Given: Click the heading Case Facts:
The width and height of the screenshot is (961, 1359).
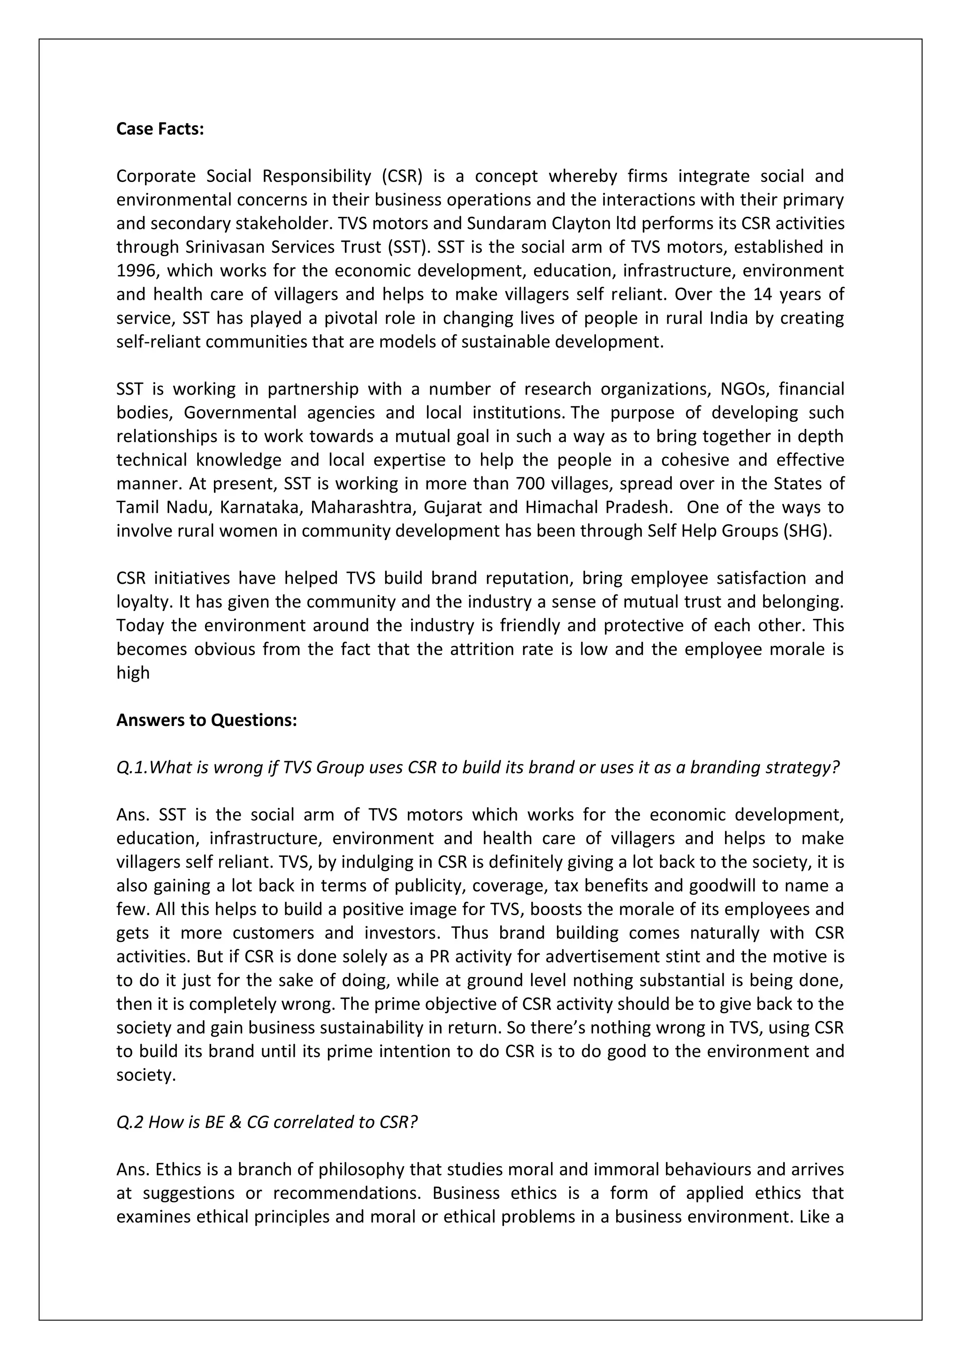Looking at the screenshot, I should pos(160,129).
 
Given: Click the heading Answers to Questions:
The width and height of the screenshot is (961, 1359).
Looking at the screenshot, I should pos(206,720).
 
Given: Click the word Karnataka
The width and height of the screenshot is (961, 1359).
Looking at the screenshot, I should pos(258,507).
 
